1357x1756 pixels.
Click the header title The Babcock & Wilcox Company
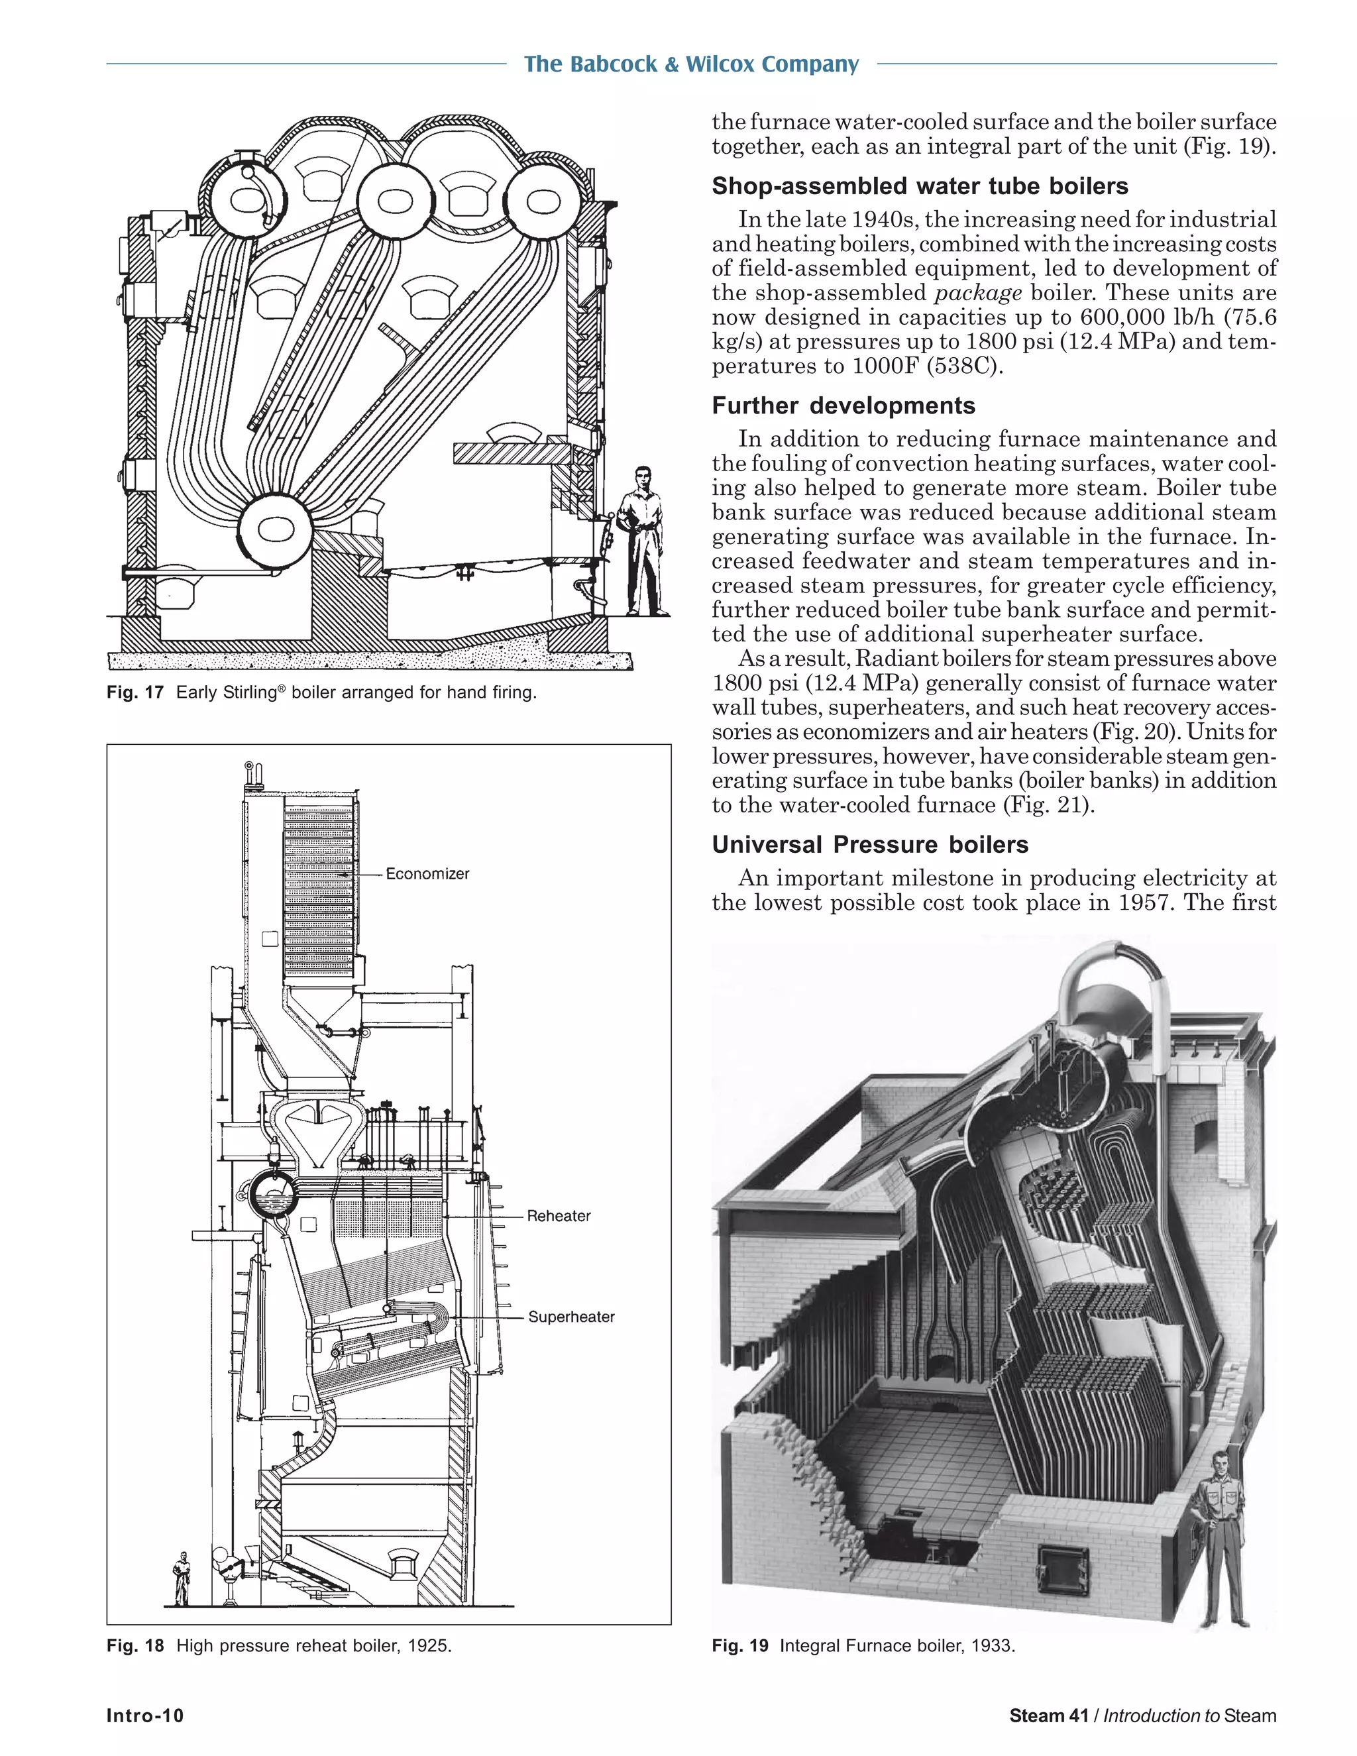point(691,64)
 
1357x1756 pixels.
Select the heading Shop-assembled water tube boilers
point(920,187)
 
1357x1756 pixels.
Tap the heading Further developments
point(843,406)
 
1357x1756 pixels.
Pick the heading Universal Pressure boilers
point(870,845)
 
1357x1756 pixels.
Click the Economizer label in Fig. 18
point(427,874)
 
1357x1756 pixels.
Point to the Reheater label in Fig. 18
point(559,1217)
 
